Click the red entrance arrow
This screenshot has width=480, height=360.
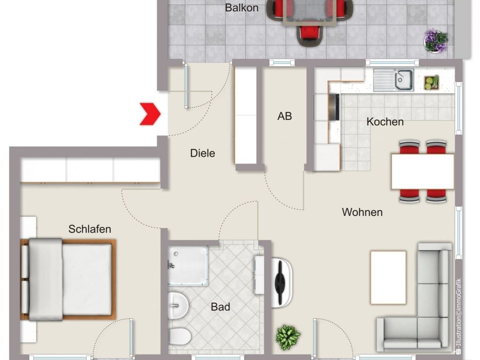(x=150, y=114)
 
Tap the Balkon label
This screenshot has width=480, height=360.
(x=241, y=7)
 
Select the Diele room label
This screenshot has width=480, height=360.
(x=202, y=153)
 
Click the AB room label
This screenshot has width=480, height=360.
(x=285, y=116)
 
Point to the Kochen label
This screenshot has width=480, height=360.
(x=385, y=122)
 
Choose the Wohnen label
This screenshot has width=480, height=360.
(x=362, y=212)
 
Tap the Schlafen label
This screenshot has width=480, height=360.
(x=90, y=229)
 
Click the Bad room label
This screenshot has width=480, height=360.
(x=220, y=307)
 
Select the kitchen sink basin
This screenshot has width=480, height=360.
(x=404, y=79)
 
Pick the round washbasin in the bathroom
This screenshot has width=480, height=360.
(x=178, y=305)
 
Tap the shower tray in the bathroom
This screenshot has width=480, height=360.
(x=188, y=266)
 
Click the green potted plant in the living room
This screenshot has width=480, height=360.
(x=288, y=337)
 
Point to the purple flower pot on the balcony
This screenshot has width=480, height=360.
(x=436, y=41)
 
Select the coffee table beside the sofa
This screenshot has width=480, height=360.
(x=388, y=277)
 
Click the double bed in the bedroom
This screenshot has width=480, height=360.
(x=68, y=279)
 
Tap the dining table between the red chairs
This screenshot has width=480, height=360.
(x=423, y=172)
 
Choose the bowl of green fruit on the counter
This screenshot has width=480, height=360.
(x=431, y=82)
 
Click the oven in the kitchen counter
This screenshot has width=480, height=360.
(x=334, y=107)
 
